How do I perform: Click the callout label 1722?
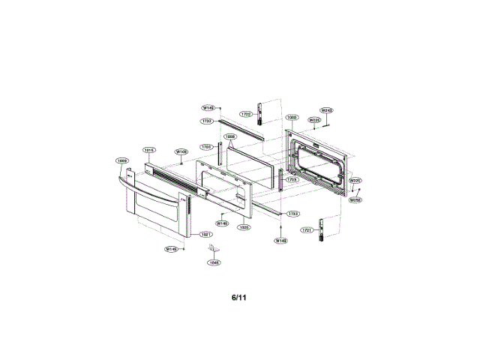click(245, 114)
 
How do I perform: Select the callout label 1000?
click(292, 118)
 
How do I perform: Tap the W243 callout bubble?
click(326, 110)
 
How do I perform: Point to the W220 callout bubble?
click(315, 119)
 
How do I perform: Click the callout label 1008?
click(230, 136)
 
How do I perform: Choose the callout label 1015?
click(149, 150)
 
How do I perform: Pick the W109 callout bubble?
click(181, 151)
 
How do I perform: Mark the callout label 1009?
click(122, 160)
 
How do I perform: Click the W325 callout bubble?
click(355, 181)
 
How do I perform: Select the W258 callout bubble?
click(355, 199)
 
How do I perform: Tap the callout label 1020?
click(244, 227)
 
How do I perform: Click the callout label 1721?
click(306, 230)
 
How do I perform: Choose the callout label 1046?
click(214, 262)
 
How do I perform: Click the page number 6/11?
click(238, 298)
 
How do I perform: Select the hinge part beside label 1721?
click(322, 229)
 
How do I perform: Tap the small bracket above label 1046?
click(214, 248)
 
